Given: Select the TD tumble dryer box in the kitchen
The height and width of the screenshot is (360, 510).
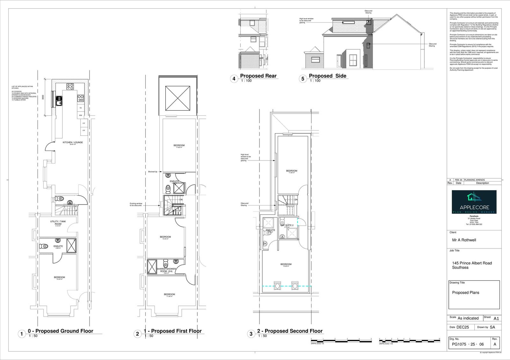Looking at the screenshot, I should pyautogui.click(x=80, y=108).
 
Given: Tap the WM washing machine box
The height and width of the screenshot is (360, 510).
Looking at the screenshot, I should pyautogui.click(x=80, y=115).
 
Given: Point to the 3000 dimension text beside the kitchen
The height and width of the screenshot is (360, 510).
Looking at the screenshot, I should pyautogui.click(x=43, y=97).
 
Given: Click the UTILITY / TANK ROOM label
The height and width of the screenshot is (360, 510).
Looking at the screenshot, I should pyautogui.click(x=58, y=223).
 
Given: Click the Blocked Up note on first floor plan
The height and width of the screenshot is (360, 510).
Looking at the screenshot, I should pyautogui.click(x=153, y=172).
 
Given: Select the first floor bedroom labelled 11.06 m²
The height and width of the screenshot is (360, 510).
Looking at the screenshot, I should pyautogui.click(x=169, y=295).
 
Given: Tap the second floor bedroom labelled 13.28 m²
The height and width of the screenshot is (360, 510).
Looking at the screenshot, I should pyautogui.click(x=286, y=265).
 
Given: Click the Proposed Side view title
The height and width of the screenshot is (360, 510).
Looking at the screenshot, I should pyautogui.click(x=327, y=76).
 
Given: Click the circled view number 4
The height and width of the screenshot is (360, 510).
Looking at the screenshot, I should pyautogui.click(x=234, y=79).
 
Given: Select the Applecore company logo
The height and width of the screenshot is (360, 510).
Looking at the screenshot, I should pyautogui.click(x=474, y=202).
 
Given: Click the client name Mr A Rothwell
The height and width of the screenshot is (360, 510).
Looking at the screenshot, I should pyautogui.click(x=464, y=240).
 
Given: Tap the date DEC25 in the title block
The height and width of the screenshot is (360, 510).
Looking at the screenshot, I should pyautogui.click(x=464, y=327).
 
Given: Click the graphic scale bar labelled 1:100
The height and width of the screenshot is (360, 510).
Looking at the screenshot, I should pyautogui.click(x=409, y=341).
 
